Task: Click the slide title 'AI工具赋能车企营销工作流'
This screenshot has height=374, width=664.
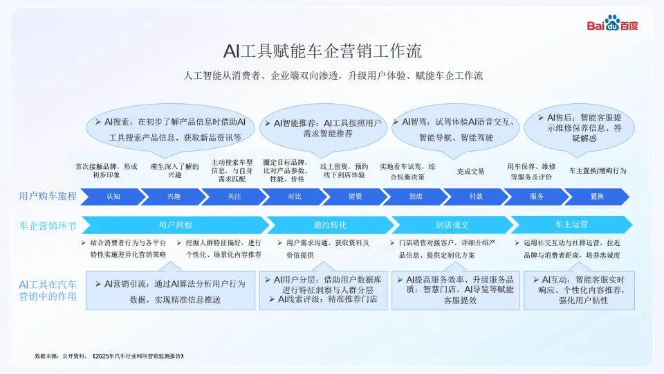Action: coord(322,51)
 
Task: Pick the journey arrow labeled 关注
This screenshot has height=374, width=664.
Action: coord(234,197)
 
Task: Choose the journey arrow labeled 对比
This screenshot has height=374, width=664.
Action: coord(295,197)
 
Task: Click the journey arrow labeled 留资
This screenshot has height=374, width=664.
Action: coord(355,197)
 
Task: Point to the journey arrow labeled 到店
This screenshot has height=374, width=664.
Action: coord(416,197)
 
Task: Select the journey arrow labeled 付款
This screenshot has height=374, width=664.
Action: coord(476,197)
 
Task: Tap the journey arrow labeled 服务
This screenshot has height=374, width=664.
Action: coord(537,197)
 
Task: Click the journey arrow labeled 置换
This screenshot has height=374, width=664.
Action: coord(597,197)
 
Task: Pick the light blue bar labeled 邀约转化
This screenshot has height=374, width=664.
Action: coord(329,225)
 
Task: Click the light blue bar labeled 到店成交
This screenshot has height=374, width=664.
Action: coord(452,225)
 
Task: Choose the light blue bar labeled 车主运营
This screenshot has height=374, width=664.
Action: coord(571,225)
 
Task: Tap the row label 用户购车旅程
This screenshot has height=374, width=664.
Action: coord(48,197)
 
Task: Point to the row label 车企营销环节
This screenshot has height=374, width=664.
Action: coord(48,225)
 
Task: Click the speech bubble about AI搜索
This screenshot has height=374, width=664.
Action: coord(169,128)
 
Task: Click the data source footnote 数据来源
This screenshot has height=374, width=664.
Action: coord(110,356)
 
